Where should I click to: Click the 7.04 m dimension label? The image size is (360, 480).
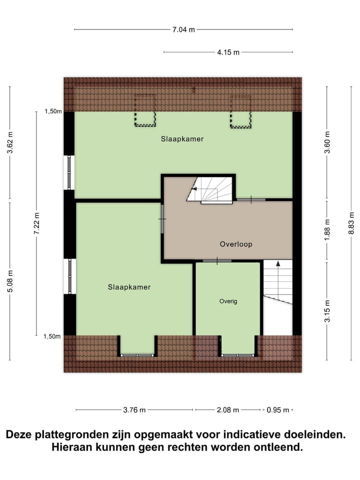[183, 30]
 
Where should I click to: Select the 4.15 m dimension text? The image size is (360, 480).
[228, 52]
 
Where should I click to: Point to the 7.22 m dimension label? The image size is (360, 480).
[36, 223]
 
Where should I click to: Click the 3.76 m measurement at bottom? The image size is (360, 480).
[134, 410]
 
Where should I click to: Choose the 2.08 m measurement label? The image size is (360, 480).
[227, 410]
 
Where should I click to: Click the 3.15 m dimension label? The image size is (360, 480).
[327, 310]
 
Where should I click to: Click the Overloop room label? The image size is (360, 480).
[236, 244]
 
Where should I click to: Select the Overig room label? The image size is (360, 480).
[228, 301]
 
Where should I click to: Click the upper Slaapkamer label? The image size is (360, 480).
[182, 139]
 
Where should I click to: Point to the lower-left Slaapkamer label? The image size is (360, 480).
[129, 287]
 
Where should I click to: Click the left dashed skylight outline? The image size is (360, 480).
[145, 110]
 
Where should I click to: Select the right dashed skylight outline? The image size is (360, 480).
[240, 111]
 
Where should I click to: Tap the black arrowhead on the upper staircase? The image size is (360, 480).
[194, 189]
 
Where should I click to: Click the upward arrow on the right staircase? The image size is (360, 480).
[278, 264]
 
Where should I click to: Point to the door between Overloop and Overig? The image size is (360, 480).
[217, 261]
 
